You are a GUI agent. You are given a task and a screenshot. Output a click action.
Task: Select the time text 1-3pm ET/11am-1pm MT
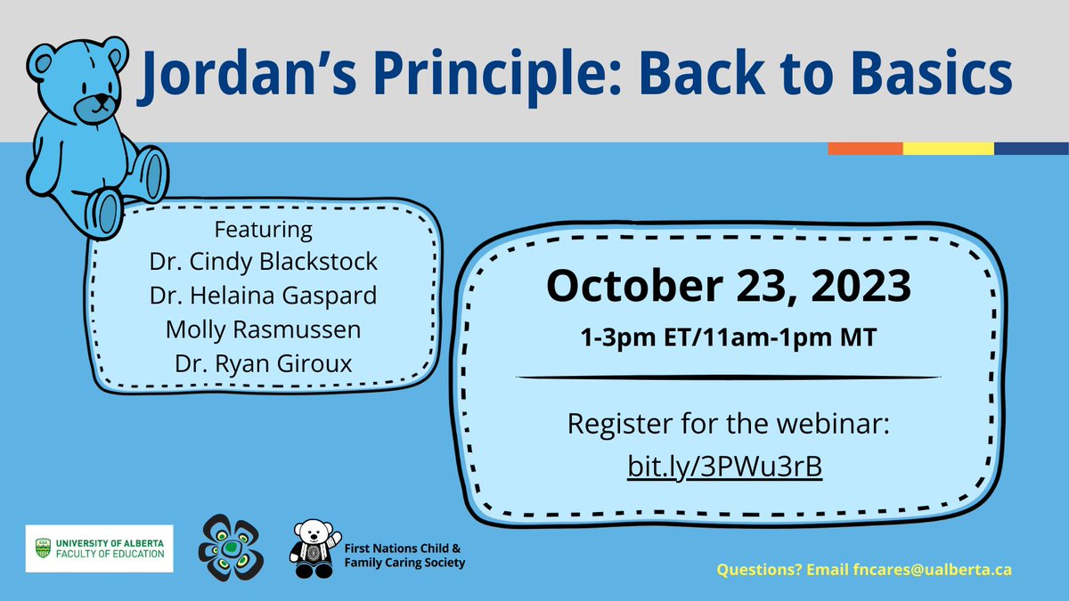728,338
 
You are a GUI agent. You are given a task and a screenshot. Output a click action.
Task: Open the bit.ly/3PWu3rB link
728,467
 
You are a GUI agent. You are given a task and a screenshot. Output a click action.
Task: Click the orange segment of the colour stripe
864,149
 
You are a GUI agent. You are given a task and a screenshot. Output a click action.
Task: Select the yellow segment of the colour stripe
948,149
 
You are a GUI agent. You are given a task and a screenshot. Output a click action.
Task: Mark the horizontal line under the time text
728,378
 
